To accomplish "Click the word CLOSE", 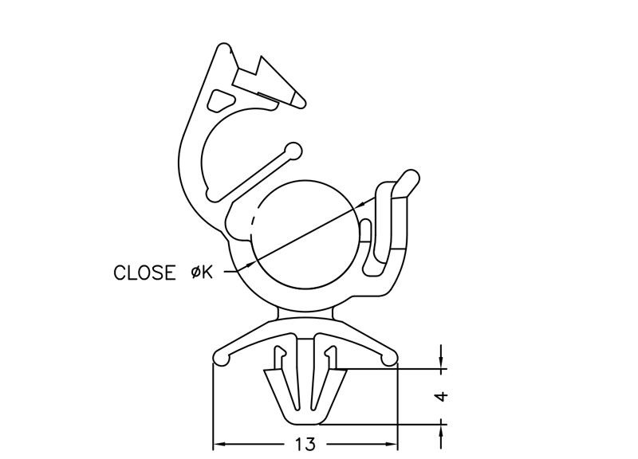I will click(144, 273).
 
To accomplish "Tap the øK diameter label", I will click(202, 273).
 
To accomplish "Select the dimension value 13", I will click(305, 443).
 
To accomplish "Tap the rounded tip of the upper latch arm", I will click(297, 99).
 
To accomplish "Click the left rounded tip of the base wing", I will click(220, 360).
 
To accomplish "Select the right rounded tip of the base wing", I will click(389, 360).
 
